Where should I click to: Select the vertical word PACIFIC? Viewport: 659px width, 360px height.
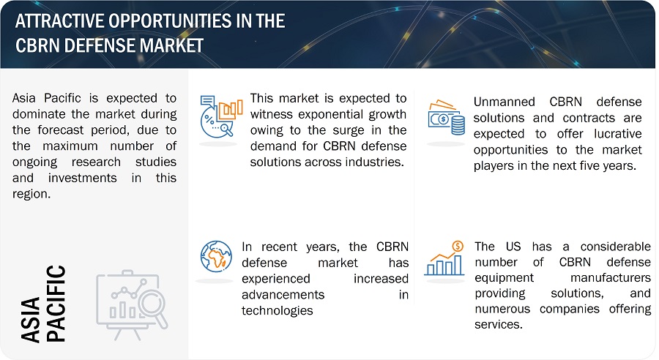[56, 303]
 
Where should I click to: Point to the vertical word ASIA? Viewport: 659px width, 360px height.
[30, 320]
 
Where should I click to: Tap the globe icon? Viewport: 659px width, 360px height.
[216, 256]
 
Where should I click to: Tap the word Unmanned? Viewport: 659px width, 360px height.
[504, 102]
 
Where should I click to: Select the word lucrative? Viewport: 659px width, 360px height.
[618, 134]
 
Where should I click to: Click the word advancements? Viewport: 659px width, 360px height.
[283, 294]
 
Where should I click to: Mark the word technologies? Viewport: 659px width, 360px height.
[278, 310]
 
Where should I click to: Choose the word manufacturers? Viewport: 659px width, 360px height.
[610, 277]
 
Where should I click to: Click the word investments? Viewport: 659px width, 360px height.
[82, 178]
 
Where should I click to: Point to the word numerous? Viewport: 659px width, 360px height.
[502, 309]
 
